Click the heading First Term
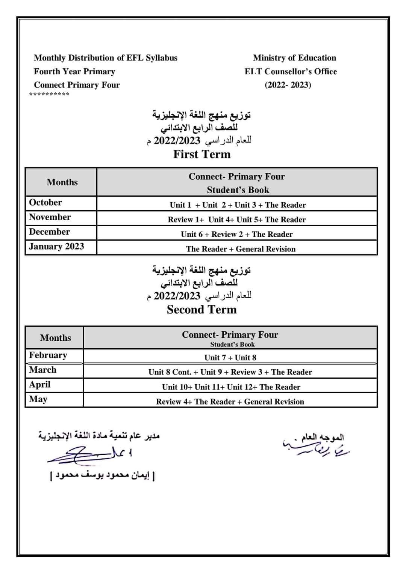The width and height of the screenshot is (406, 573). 202,154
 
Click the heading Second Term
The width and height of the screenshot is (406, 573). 202,310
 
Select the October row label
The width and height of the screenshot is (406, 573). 45,203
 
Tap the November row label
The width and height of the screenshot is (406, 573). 50,217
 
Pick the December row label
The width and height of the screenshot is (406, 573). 49,232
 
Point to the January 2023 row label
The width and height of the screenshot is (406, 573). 56,247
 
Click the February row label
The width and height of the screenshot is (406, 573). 48,355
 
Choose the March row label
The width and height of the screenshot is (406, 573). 43,370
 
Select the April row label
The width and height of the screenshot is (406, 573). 40,385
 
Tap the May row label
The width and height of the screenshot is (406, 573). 38,399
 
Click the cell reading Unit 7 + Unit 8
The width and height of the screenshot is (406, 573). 230,358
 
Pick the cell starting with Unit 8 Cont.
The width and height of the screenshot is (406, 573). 230,372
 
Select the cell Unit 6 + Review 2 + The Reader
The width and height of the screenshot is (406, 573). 237,235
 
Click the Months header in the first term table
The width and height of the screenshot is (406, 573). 62,182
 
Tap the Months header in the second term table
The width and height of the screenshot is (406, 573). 55,338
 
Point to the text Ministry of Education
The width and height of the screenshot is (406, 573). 294,58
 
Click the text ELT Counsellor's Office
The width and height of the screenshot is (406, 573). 291,72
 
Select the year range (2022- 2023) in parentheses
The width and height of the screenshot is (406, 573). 288,85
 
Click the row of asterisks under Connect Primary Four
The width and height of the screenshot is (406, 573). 49,94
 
